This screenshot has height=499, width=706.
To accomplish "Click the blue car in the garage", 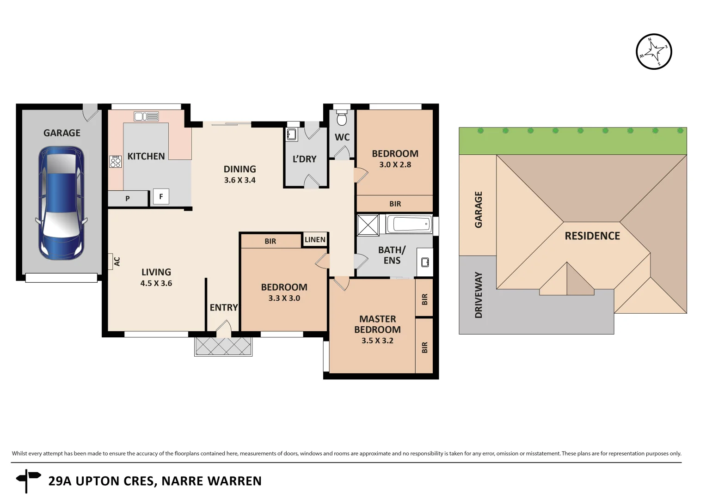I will pyautogui.click(x=61, y=203).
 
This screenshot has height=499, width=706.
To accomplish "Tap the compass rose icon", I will pyautogui.click(x=653, y=52).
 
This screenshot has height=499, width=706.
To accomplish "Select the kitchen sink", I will pyautogui.click(x=146, y=116).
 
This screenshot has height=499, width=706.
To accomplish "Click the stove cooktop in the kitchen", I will pyautogui.click(x=115, y=162).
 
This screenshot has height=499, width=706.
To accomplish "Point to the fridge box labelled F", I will pyautogui.click(x=161, y=196).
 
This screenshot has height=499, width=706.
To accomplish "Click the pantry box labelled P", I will pyautogui.click(x=128, y=199).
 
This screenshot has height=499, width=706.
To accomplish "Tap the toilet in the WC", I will pyautogui.click(x=342, y=119).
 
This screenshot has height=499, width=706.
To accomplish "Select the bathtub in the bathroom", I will pyautogui.click(x=409, y=225).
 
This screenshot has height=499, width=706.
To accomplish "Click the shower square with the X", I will pyautogui.click(x=368, y=225).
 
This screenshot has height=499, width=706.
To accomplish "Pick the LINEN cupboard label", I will pyautogui.click(x=315, y=239).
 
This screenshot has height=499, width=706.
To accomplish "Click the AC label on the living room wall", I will pyautogui.click(x=117, y=262).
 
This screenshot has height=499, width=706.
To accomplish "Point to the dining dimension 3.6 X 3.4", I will pyautogui.click(x=239, y=180).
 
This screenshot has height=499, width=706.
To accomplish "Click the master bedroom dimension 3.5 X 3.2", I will pyautogui.click(x=377, y=341).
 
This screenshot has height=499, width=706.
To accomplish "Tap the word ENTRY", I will pyautogui.click(x=224, y=308).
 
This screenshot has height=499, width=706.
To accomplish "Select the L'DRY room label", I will pyautogui.click(x=304, y=159).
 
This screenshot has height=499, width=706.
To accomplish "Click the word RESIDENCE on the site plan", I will pyautogui.click(x=592, y=236).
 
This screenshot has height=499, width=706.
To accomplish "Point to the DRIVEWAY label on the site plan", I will pyautogui.click(x=479, y=295).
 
